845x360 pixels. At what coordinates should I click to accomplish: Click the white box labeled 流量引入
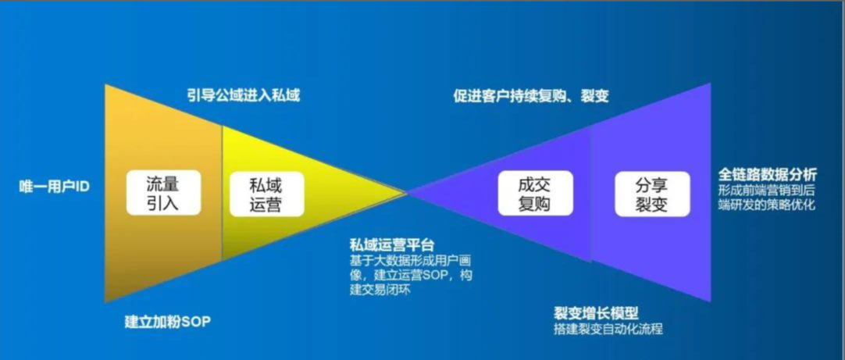point(163,193)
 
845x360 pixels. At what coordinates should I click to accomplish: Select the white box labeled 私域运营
point(266,193)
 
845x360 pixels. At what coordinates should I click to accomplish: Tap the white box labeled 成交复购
point(534,193)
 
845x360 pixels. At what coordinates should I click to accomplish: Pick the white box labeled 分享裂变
point(652,193)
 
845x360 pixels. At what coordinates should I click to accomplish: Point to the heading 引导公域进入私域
point(244,96)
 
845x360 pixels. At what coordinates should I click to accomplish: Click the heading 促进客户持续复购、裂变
point(531,97)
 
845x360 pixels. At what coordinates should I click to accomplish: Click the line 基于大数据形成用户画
point(412,261)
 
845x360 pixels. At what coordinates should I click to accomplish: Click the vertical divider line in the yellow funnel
point(222,192)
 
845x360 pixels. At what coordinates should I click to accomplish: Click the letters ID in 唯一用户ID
point(83,187)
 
